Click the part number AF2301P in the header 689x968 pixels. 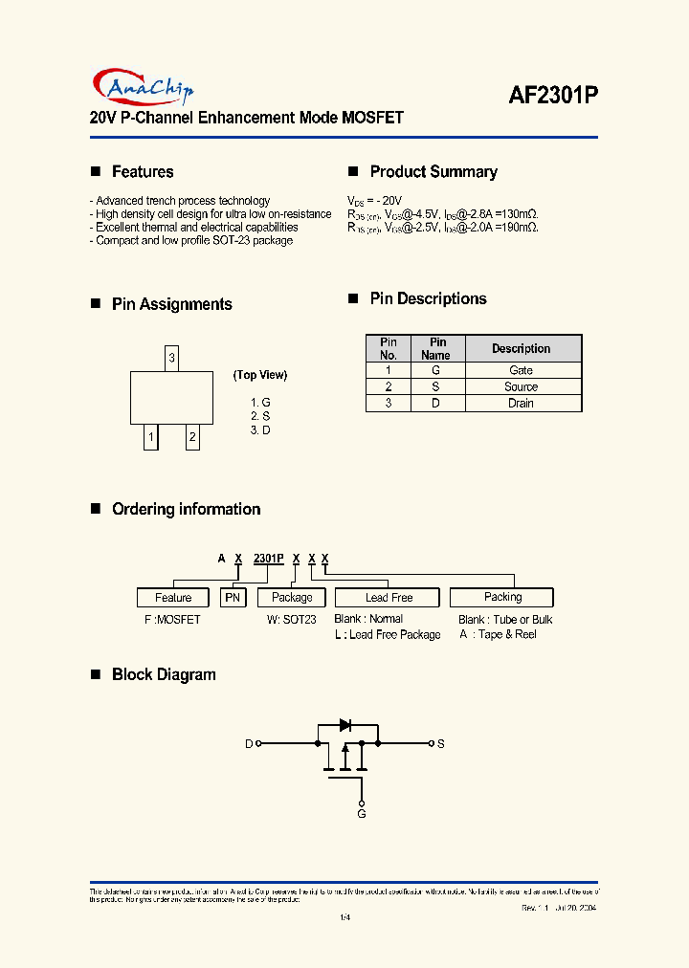553,94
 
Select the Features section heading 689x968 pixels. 143,172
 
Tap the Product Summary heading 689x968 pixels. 433,172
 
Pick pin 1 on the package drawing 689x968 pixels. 150,438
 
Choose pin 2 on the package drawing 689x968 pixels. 192,438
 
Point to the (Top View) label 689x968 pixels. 260,375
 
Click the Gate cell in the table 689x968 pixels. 522,370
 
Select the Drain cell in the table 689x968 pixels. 522,404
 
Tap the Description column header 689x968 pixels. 522,348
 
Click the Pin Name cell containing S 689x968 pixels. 435,386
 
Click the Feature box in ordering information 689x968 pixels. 173,598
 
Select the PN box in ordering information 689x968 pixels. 233,598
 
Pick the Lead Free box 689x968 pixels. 389,598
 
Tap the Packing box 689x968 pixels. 502,597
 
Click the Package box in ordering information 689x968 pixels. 292,598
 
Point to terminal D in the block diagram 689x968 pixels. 250,743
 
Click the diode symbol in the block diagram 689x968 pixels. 347,725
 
